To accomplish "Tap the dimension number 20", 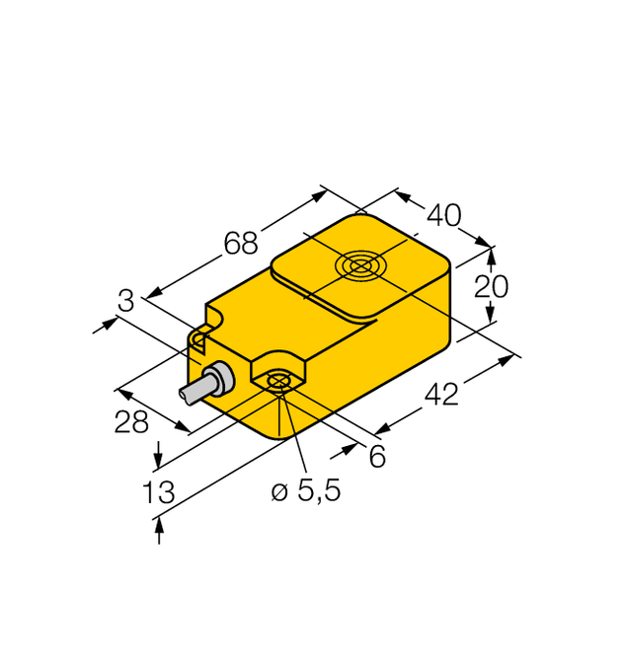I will coord(491,286).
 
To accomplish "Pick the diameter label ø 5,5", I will coord(306,490).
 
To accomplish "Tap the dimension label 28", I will coord(130,421).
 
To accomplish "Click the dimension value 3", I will coord(124,301).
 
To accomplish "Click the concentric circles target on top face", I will coord(357,265).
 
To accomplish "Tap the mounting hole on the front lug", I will coord(279,382).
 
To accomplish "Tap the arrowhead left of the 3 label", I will coord(105,325).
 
